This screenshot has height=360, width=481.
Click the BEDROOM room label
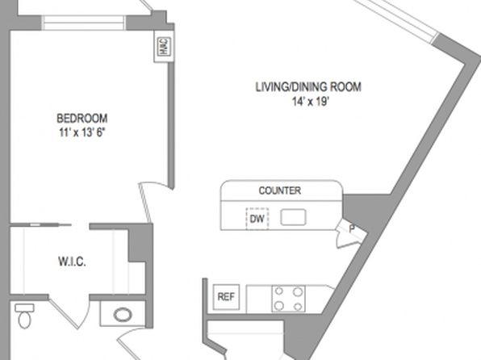[82, 118]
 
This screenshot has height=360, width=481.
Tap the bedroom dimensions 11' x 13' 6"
[82, 132]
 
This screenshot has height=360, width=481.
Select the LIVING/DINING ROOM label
[308, 87]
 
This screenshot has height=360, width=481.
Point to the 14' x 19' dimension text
[311, 101]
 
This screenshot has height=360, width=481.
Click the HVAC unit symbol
[164, 46]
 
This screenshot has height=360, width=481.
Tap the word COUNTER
[280, 190]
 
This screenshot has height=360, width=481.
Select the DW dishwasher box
[257, 219]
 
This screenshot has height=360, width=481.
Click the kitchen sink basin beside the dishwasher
[293, 217]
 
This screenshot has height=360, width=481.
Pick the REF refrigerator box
[226, 297]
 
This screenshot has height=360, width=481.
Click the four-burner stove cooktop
[288, 299]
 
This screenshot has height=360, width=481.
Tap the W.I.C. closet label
[72, 262]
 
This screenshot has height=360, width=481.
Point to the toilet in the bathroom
[24, 316]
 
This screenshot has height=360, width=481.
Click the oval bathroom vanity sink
[123, 315]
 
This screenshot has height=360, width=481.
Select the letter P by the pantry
[352, 228]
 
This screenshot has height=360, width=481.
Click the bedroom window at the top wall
[83, 23]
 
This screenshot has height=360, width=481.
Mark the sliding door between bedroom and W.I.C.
[40, 225]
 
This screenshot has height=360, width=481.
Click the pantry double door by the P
[349, 234]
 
